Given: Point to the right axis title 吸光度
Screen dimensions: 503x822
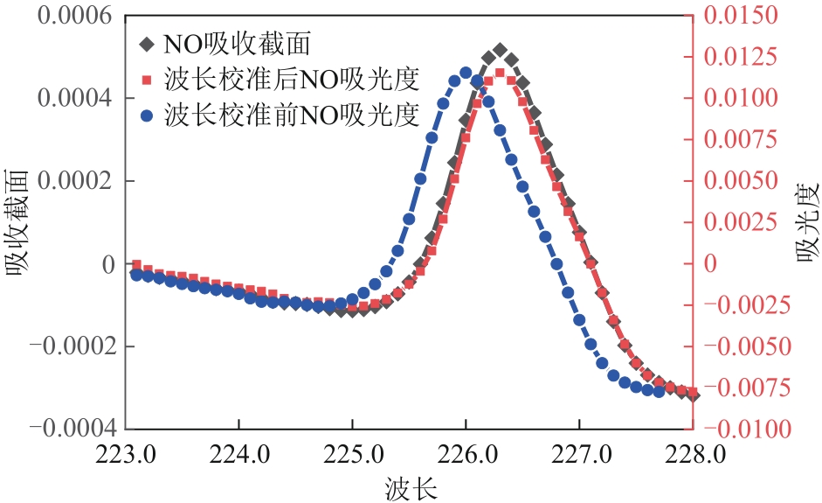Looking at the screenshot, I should [x=804, y=222].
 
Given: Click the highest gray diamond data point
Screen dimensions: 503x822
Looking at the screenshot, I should [x=500, y=50].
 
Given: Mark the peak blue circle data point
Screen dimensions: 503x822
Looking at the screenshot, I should [x=466, y=73].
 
